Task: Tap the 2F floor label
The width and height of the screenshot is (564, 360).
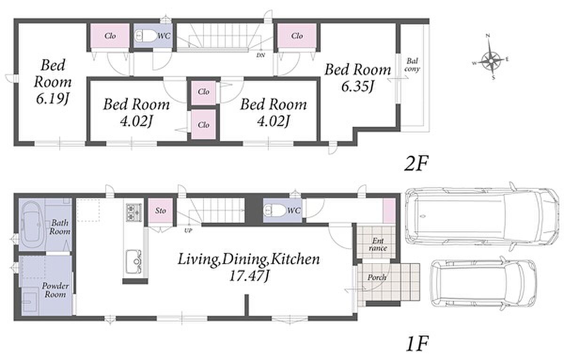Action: tap(416, 164)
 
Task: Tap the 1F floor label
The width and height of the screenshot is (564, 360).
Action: tap(417, 344)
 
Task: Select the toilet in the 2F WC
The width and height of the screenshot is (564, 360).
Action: tap(145, 37)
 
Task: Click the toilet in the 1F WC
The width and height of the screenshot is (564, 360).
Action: tap(274, 210)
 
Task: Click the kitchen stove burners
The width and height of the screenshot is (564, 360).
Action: tap(133, 212)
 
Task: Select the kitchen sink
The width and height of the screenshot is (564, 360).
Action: tap(133, 262)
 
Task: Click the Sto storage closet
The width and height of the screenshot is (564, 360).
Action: tap(160, 211)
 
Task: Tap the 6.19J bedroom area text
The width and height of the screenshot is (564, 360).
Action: tap(52, 99)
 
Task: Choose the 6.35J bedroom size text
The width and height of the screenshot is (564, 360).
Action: tap(358, 86)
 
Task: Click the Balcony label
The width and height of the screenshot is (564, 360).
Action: tap(412, 65)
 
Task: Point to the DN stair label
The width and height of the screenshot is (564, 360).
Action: tap(260, 55)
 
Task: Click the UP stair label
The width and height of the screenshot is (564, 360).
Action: tap(188, 230)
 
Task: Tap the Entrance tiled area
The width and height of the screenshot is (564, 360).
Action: tap(376, 242)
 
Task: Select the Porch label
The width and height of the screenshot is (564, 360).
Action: tap(376, 278)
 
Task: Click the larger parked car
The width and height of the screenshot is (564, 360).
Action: tap(481, 217)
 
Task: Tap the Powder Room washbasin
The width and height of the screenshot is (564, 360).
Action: tap(30, 302)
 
